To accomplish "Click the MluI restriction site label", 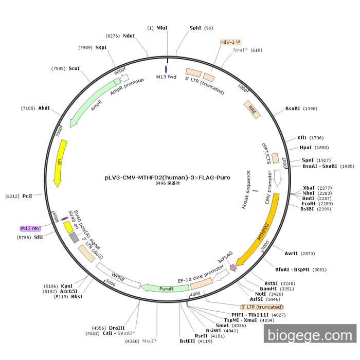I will pos(162,28).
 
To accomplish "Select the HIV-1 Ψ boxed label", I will pos(231,42).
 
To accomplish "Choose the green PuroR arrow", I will pos(166,289).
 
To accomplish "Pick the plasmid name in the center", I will pos(168,177).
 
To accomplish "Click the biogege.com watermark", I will pos(310,335).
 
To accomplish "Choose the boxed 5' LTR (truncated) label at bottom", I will pos(262,307).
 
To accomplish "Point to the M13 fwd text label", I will pos(167,77).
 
